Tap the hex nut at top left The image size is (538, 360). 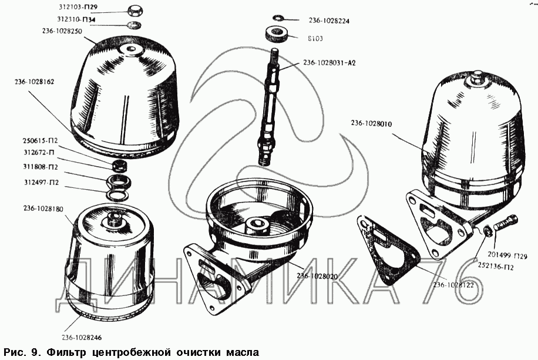tap(134, 11)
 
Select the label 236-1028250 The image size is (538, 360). tap(62, 31)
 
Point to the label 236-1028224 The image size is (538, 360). tap(329, 21)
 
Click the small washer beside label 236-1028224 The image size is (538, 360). tap(278, 18)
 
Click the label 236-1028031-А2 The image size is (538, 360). tap(329, 63)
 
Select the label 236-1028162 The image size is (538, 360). tap(34, 82)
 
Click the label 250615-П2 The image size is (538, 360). tap(40, 141)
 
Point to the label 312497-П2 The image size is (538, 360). tap(41, 182)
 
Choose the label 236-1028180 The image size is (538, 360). tap(43, 208)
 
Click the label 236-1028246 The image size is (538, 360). tap(82, 337)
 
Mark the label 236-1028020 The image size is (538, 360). tap(317, 276)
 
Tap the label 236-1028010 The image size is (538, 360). tap(371, 123)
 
